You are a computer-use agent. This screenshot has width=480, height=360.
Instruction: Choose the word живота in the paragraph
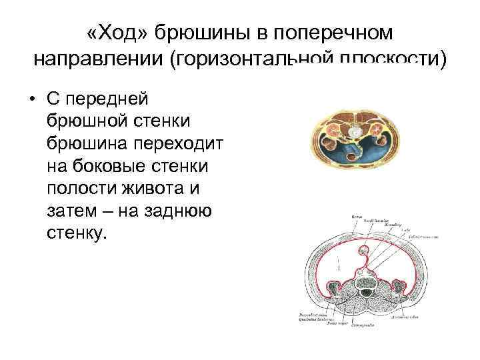pos(159,189)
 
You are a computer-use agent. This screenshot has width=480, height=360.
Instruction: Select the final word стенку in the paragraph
pos(77,233)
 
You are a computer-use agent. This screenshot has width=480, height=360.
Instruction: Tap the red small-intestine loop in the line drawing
pos(365,252)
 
